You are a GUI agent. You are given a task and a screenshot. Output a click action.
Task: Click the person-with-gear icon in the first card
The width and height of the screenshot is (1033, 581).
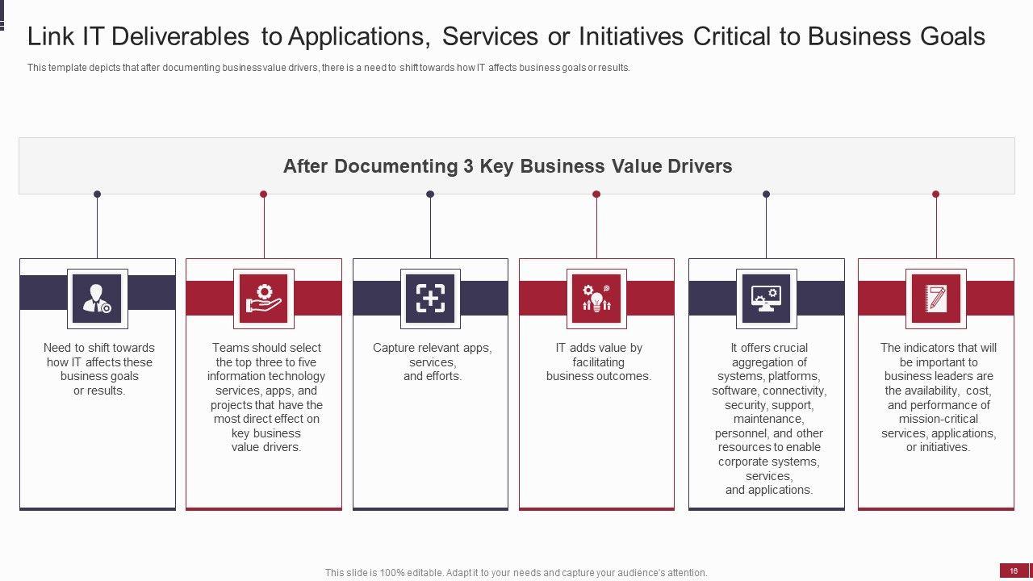(x=98, y=299)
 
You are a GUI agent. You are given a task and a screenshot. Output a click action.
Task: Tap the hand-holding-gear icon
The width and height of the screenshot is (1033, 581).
(x=264, y=299)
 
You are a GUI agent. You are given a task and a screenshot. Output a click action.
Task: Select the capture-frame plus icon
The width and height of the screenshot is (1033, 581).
(x=430, y=299)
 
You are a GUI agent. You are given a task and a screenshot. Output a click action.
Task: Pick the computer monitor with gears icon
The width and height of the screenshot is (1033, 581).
(x=766, y=299)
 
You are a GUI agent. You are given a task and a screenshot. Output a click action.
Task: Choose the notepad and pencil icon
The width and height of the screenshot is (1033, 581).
(x=936, y=299)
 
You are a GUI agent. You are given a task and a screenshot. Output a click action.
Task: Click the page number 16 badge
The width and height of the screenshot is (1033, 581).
(x=1014, y=571)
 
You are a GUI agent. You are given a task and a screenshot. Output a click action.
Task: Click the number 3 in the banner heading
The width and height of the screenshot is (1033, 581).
(x=468, y=166)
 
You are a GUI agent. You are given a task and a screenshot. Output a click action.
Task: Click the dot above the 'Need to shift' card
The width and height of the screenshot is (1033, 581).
(x=98, y=194)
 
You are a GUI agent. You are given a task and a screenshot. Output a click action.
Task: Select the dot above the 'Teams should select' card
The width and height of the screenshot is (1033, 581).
(x=264, y=194)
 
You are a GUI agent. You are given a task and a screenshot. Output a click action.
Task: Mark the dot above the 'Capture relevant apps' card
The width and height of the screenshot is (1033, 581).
(x=430, y=194)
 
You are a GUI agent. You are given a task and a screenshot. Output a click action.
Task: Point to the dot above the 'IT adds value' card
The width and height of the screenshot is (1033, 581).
(x=596, y=194)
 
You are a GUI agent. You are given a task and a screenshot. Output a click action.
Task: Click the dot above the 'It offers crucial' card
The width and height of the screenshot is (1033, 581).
(x=766, y=194)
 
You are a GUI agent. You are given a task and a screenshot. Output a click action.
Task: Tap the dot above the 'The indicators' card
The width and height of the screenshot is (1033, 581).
(x=936, y=194)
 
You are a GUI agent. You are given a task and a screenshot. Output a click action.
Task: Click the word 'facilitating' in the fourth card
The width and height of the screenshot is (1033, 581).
(x=598, y=362)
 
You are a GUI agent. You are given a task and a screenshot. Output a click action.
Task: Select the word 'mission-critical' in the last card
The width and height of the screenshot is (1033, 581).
(x=938, y=419)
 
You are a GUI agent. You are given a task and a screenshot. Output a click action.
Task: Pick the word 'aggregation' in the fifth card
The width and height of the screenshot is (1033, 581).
(x=768, y=362)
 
